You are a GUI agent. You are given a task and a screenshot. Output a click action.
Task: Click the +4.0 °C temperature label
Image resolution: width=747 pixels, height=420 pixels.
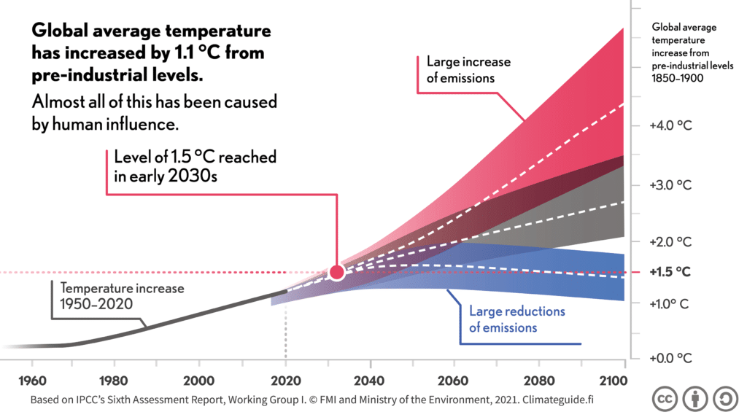pos(670,125)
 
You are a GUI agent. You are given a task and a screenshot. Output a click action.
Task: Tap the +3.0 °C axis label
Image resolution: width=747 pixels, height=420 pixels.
pos(670,184)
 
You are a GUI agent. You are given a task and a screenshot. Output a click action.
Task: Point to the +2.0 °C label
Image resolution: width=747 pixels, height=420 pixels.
pos(670,241)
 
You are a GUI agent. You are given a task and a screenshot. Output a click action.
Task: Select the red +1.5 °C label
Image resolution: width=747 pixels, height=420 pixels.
pos(670,271)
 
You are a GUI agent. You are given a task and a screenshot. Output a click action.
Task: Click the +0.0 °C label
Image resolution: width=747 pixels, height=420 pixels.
pos(670,358)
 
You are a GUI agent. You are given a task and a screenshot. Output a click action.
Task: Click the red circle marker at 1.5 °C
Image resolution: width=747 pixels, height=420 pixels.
pos(336,272)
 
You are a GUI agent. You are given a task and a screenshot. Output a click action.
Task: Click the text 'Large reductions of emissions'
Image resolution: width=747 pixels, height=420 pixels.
pos(516,319)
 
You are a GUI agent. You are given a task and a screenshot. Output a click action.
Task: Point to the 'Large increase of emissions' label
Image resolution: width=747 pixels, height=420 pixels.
pos(468,70)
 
